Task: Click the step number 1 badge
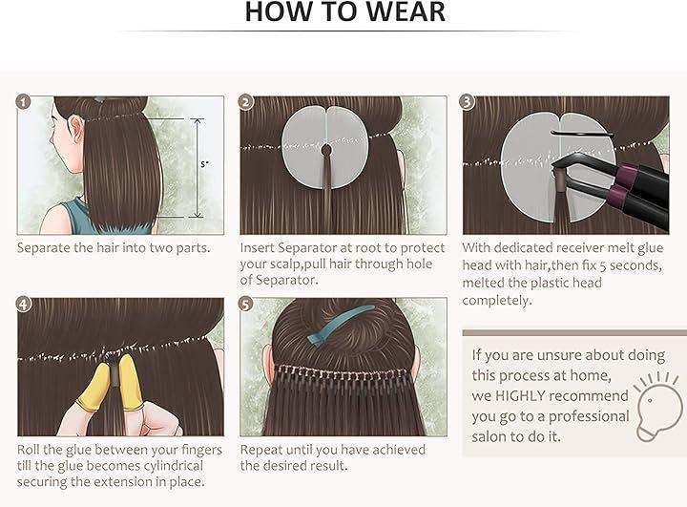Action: pos(23,102)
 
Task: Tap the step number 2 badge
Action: pos(246,102)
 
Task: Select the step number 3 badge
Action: pos(467,102)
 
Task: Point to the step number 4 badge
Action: pos(23,304)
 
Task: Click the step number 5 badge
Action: pos(246,304)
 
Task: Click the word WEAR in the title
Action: pos(406,11)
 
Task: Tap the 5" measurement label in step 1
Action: pos(204,164)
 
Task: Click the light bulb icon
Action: pos(658,406)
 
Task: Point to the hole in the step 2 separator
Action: pos(326,151)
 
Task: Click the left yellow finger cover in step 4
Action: pos(94,388)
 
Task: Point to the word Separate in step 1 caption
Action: pos(43,248)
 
